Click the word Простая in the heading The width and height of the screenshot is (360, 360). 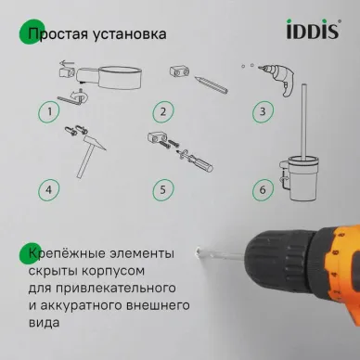(x=61, y=34)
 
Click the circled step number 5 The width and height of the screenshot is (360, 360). (x=163, y=192)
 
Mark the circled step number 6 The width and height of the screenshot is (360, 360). (x=263, y=192)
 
